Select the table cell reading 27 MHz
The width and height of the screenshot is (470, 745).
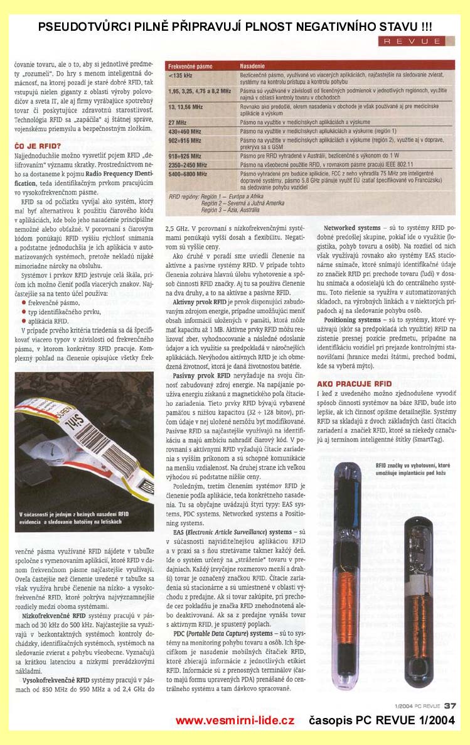click(x=178, y=122)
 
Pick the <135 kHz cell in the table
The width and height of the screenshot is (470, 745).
click(x=180, y=76)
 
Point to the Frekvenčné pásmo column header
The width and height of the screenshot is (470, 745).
click(x=191, y=65)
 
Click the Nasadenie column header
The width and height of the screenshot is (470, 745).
click(x=255, y=65)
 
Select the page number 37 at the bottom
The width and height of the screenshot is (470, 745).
click(x=450, y=705)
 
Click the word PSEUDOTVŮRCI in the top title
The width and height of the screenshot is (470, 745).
click(x=81, y=27)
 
